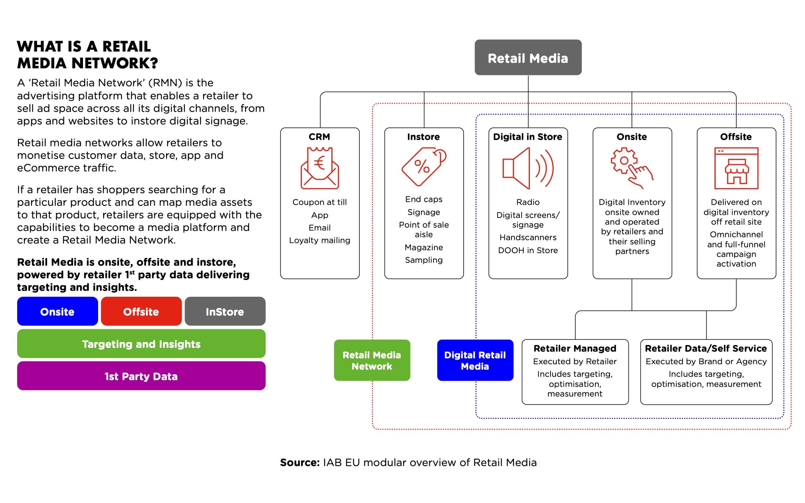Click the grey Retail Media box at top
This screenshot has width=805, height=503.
(528, 58)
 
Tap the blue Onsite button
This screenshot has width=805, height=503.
(57, 311)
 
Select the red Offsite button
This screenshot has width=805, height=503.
(141, 311)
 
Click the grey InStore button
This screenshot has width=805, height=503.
(225, 311)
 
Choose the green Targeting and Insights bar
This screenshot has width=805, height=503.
(141, 344)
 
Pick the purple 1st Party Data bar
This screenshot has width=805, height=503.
(141, 376)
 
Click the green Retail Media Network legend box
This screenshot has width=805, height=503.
(372, 360)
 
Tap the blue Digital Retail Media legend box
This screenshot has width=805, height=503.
(475, 360)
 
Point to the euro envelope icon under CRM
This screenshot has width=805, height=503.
(319, 168)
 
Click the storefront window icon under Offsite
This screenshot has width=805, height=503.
(736, 168)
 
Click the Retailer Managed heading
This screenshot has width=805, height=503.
(575, 348)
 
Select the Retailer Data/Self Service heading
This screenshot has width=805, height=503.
(706, 348)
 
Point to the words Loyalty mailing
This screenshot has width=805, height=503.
(319, 240)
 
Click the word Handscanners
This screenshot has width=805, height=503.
(528, 237)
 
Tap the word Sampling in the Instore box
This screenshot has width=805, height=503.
(423, 260)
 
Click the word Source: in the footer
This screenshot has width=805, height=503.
(300, 462)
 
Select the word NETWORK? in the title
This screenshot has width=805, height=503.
(114, 63)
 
